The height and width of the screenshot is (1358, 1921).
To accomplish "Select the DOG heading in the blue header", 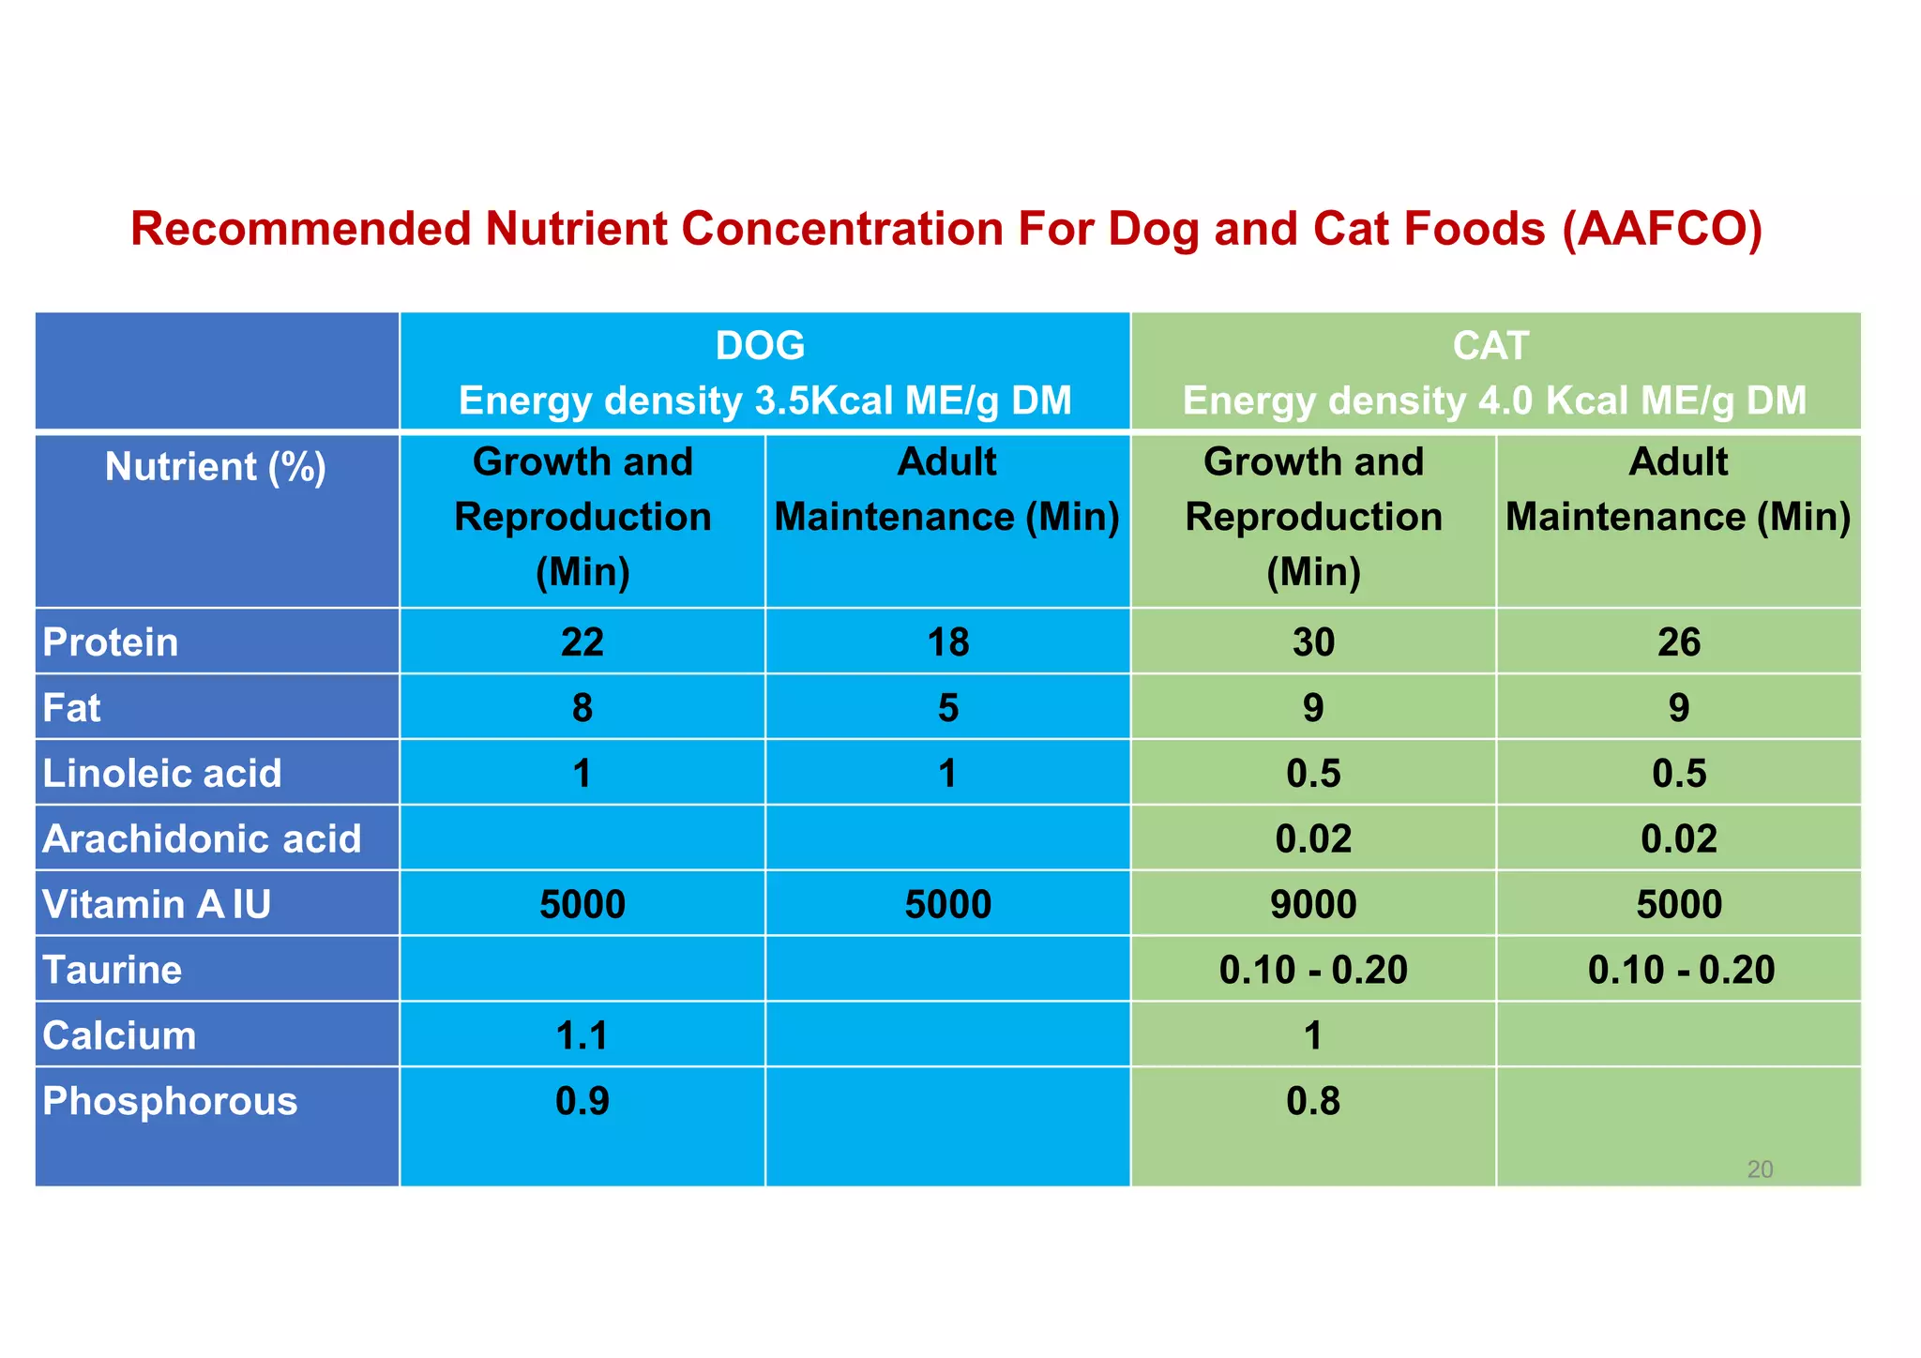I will coord(760,346).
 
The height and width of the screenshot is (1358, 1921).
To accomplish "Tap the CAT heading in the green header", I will coord(1490,346).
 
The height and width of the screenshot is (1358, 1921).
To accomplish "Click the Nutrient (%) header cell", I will coord(216,467).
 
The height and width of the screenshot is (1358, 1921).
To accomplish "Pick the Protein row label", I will coord(111,642).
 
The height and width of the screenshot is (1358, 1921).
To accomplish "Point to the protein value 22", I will coord(582,642).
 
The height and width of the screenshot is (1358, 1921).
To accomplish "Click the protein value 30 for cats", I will coord(1313,642).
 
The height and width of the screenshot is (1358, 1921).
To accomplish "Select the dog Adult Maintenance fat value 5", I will coord(948,708).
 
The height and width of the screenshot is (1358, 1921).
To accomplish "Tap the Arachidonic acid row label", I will coord(202,839).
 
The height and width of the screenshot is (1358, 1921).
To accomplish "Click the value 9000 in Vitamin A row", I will coord(1313,905).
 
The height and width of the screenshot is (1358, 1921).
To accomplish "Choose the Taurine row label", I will coord(113,971).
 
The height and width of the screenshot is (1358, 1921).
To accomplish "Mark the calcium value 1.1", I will coord(582,1036).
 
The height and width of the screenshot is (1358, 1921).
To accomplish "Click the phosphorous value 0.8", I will coord(1313,1102).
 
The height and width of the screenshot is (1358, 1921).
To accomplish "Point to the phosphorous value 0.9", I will coord(582,1102).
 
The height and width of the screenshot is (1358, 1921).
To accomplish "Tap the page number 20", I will coord(1760,1169).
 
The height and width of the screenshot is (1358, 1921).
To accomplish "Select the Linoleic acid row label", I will coord(162,774).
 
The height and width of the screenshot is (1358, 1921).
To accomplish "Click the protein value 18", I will coord(948,642).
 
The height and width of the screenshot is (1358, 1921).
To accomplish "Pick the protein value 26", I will coord(1679,642).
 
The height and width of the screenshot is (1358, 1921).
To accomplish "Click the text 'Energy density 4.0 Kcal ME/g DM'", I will coord(1494,401).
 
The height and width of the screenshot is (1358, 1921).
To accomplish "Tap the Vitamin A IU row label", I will coord(157,905).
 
